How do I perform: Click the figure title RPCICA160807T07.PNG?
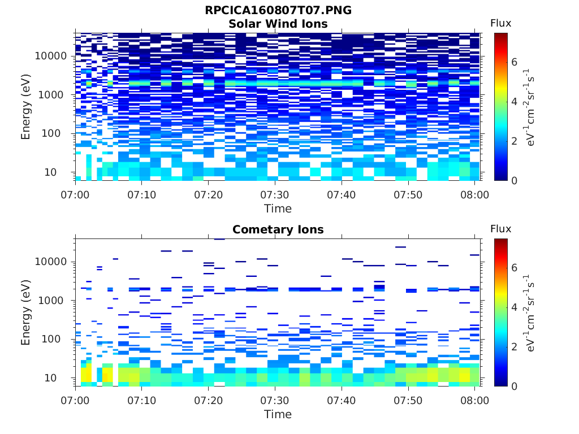click(x=278, y=11)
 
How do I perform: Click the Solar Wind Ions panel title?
click(x=278, y=24)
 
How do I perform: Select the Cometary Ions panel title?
click(x=278, y=229)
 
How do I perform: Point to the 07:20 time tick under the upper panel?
click(x=208, y=194)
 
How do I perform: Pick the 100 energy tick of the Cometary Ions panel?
click(x=58, y=340)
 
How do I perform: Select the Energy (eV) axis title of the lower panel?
click(x=26, y=311)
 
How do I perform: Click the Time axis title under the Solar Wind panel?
click(x=278, y=209)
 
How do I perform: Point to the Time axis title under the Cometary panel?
click(x=278, y=414)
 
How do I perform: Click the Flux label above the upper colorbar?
click(x=500, y=23)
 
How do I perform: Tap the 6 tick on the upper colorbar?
click(x=515, y=62)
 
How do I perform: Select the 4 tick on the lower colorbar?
click(x=515, y=307)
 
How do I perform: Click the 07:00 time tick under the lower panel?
click(x=75, y=400)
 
